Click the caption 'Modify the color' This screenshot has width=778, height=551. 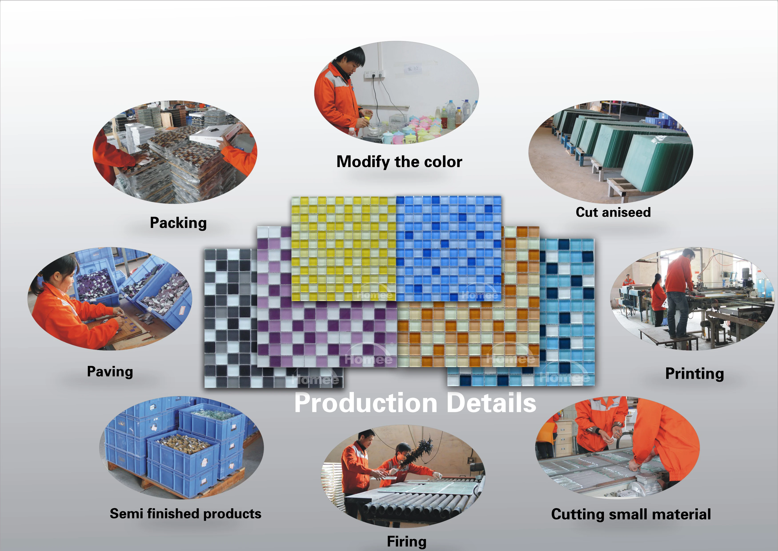[x=399, y=162]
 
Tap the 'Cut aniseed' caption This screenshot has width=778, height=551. [x=613, y=212]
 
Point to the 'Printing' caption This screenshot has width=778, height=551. [x=694, y=373]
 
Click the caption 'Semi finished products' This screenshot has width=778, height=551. [x=185, y=514]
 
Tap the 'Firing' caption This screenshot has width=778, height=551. [x=407, y=541]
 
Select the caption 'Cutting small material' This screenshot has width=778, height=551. [x=631, y=514]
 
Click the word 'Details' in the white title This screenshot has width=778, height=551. [x=491, y=403]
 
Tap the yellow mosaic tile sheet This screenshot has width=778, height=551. [x=343, y=248]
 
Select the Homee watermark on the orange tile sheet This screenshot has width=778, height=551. [x=510, y=359]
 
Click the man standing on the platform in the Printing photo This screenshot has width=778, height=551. [x=678, y=292]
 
